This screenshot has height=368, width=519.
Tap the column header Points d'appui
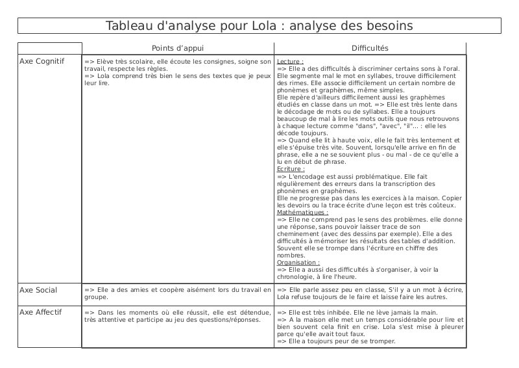point(178,48)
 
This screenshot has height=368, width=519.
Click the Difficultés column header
point(370,48)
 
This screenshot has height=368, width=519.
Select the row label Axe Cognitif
point(42,61)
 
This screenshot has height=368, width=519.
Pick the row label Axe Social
point(38,290)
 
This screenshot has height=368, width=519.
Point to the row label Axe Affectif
point(41,312)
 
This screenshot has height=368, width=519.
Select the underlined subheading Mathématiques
point(302,212)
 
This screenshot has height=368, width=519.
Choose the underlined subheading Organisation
point(298,262)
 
